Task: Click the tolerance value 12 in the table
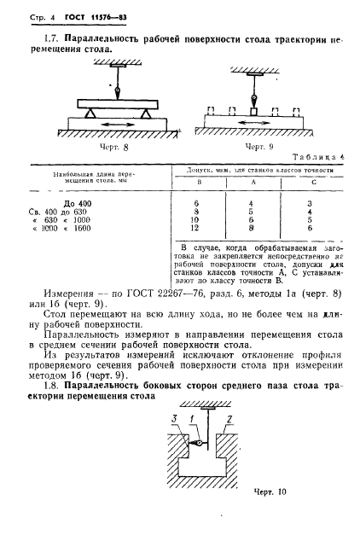click(200, 228)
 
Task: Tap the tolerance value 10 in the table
click(200, 219)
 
